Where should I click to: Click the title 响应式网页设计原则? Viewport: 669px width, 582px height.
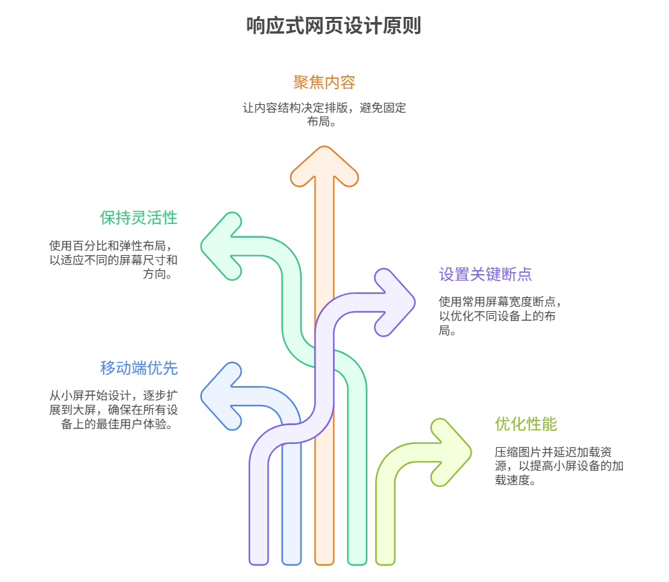[334, 26]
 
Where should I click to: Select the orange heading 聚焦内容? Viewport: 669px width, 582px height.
[324, 83]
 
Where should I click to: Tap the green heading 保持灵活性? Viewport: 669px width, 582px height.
[138, 217]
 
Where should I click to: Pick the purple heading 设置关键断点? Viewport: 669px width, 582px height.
[485, 274]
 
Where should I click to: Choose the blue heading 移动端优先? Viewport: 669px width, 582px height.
[138, 368]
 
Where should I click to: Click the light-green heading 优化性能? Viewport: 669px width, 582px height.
[526, 424]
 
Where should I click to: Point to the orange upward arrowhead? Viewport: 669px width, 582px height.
[324, 166]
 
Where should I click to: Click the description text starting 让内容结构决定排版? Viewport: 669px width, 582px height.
[324, 114]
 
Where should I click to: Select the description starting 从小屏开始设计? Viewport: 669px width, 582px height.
[113, 410]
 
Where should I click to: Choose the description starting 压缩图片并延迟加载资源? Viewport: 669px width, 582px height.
[559, 467]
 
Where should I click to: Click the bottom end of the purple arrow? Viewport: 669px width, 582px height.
[259, 557]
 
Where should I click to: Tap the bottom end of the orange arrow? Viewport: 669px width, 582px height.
[324, 557]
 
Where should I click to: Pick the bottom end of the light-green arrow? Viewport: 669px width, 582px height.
[385, 557]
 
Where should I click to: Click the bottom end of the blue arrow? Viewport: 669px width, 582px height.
[291, 557]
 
